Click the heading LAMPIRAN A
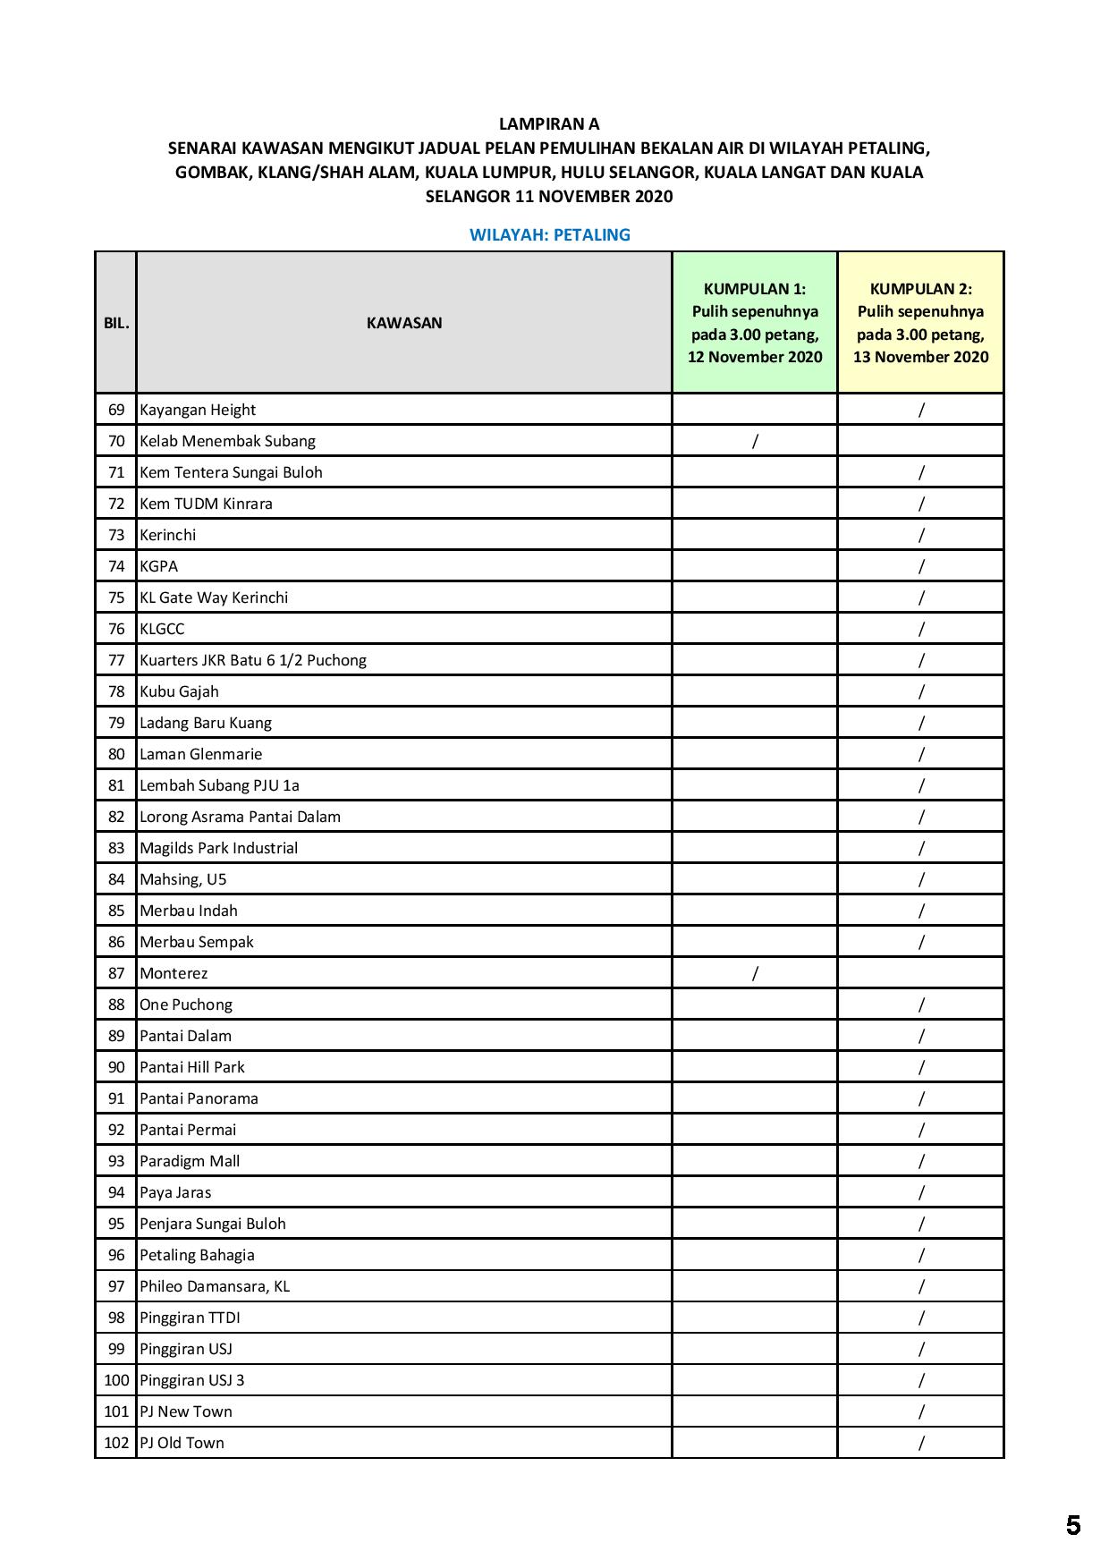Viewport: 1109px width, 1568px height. pos(549,124)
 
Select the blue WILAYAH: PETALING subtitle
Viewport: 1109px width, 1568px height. pos(549,235)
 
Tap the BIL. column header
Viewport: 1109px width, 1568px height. pos(116,323)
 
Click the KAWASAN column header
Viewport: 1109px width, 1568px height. pos(404,323)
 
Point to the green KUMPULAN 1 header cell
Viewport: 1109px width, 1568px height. pos(755,323)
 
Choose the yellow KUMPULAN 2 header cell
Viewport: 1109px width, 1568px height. pos(920,323)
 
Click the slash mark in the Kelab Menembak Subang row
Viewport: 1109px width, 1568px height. pos(755,441)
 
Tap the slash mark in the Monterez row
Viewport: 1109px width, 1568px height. pos(755,973)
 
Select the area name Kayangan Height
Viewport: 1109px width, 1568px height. pos(198,410)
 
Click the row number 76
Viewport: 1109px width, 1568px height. pos(116,629)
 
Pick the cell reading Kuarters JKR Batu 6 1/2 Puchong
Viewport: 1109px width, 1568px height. pos(253,660)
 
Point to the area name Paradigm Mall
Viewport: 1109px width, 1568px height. pos(190,1161)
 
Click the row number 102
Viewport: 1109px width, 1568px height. pos(116,1443)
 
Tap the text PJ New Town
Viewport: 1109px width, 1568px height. pos(186,1411)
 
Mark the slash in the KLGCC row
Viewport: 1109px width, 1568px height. pos(920,629)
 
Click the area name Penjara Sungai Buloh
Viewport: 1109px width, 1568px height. pos(213,1224)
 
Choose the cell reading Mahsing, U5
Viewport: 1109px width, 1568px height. pos(183,879)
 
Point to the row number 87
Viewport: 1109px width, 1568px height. pos(116,973)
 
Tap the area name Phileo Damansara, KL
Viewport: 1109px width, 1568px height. pos(215,1286)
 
